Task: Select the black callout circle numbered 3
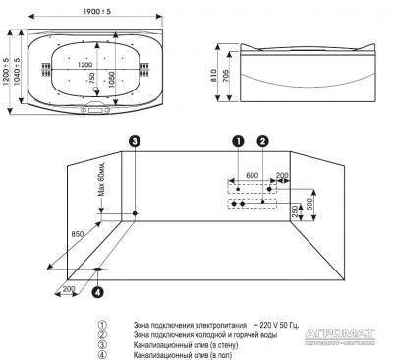(x=135, y=141)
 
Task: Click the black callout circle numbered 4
(x=97, y=291)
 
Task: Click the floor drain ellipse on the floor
(x=99, y=268)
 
